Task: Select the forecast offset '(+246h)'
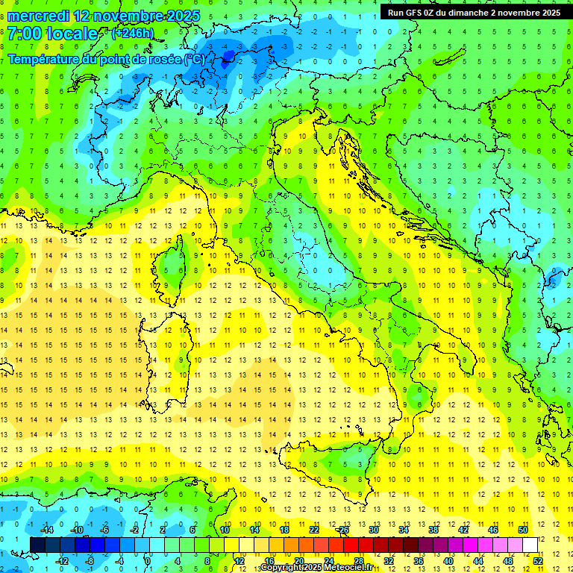[x=132, y=34]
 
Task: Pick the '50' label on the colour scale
[x=523, y=530]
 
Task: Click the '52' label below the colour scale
[x=538, y=560]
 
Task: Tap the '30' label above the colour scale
[x=373, y=530]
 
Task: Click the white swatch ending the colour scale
[x=530, y=545]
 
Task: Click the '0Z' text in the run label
[x=435, y=13]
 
